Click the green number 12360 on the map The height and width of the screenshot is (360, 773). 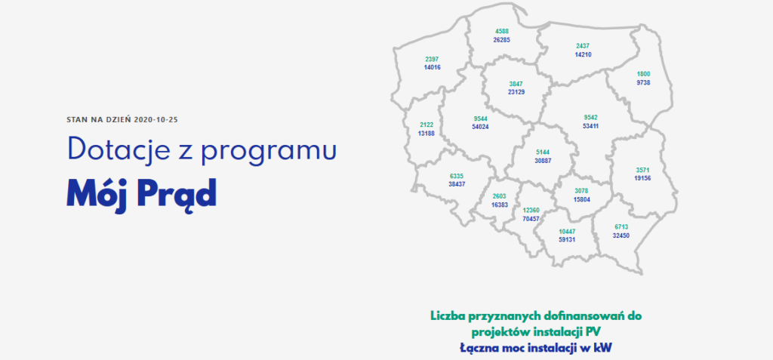coord(531,210)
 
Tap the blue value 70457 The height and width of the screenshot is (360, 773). coord(531,218)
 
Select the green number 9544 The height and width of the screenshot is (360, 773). coord(480,118)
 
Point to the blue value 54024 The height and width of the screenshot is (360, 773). coord(480,127)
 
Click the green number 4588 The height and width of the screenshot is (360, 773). coord(501,31)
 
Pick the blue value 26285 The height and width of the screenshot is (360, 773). coord(501,39)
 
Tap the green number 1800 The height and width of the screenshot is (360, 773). coord(643,74)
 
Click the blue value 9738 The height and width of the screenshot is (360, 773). coord(643,82)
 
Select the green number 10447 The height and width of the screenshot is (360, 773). coord(567,231)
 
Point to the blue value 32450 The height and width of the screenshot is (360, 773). coord(621,235)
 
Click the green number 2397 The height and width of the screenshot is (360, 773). coord(432,59)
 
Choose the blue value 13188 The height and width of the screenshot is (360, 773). coord(426,133)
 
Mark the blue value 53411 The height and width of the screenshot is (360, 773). coord(590,126)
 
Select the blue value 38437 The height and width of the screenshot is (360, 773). coord(457,183)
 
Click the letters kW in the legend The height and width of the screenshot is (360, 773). coord(609,348)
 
